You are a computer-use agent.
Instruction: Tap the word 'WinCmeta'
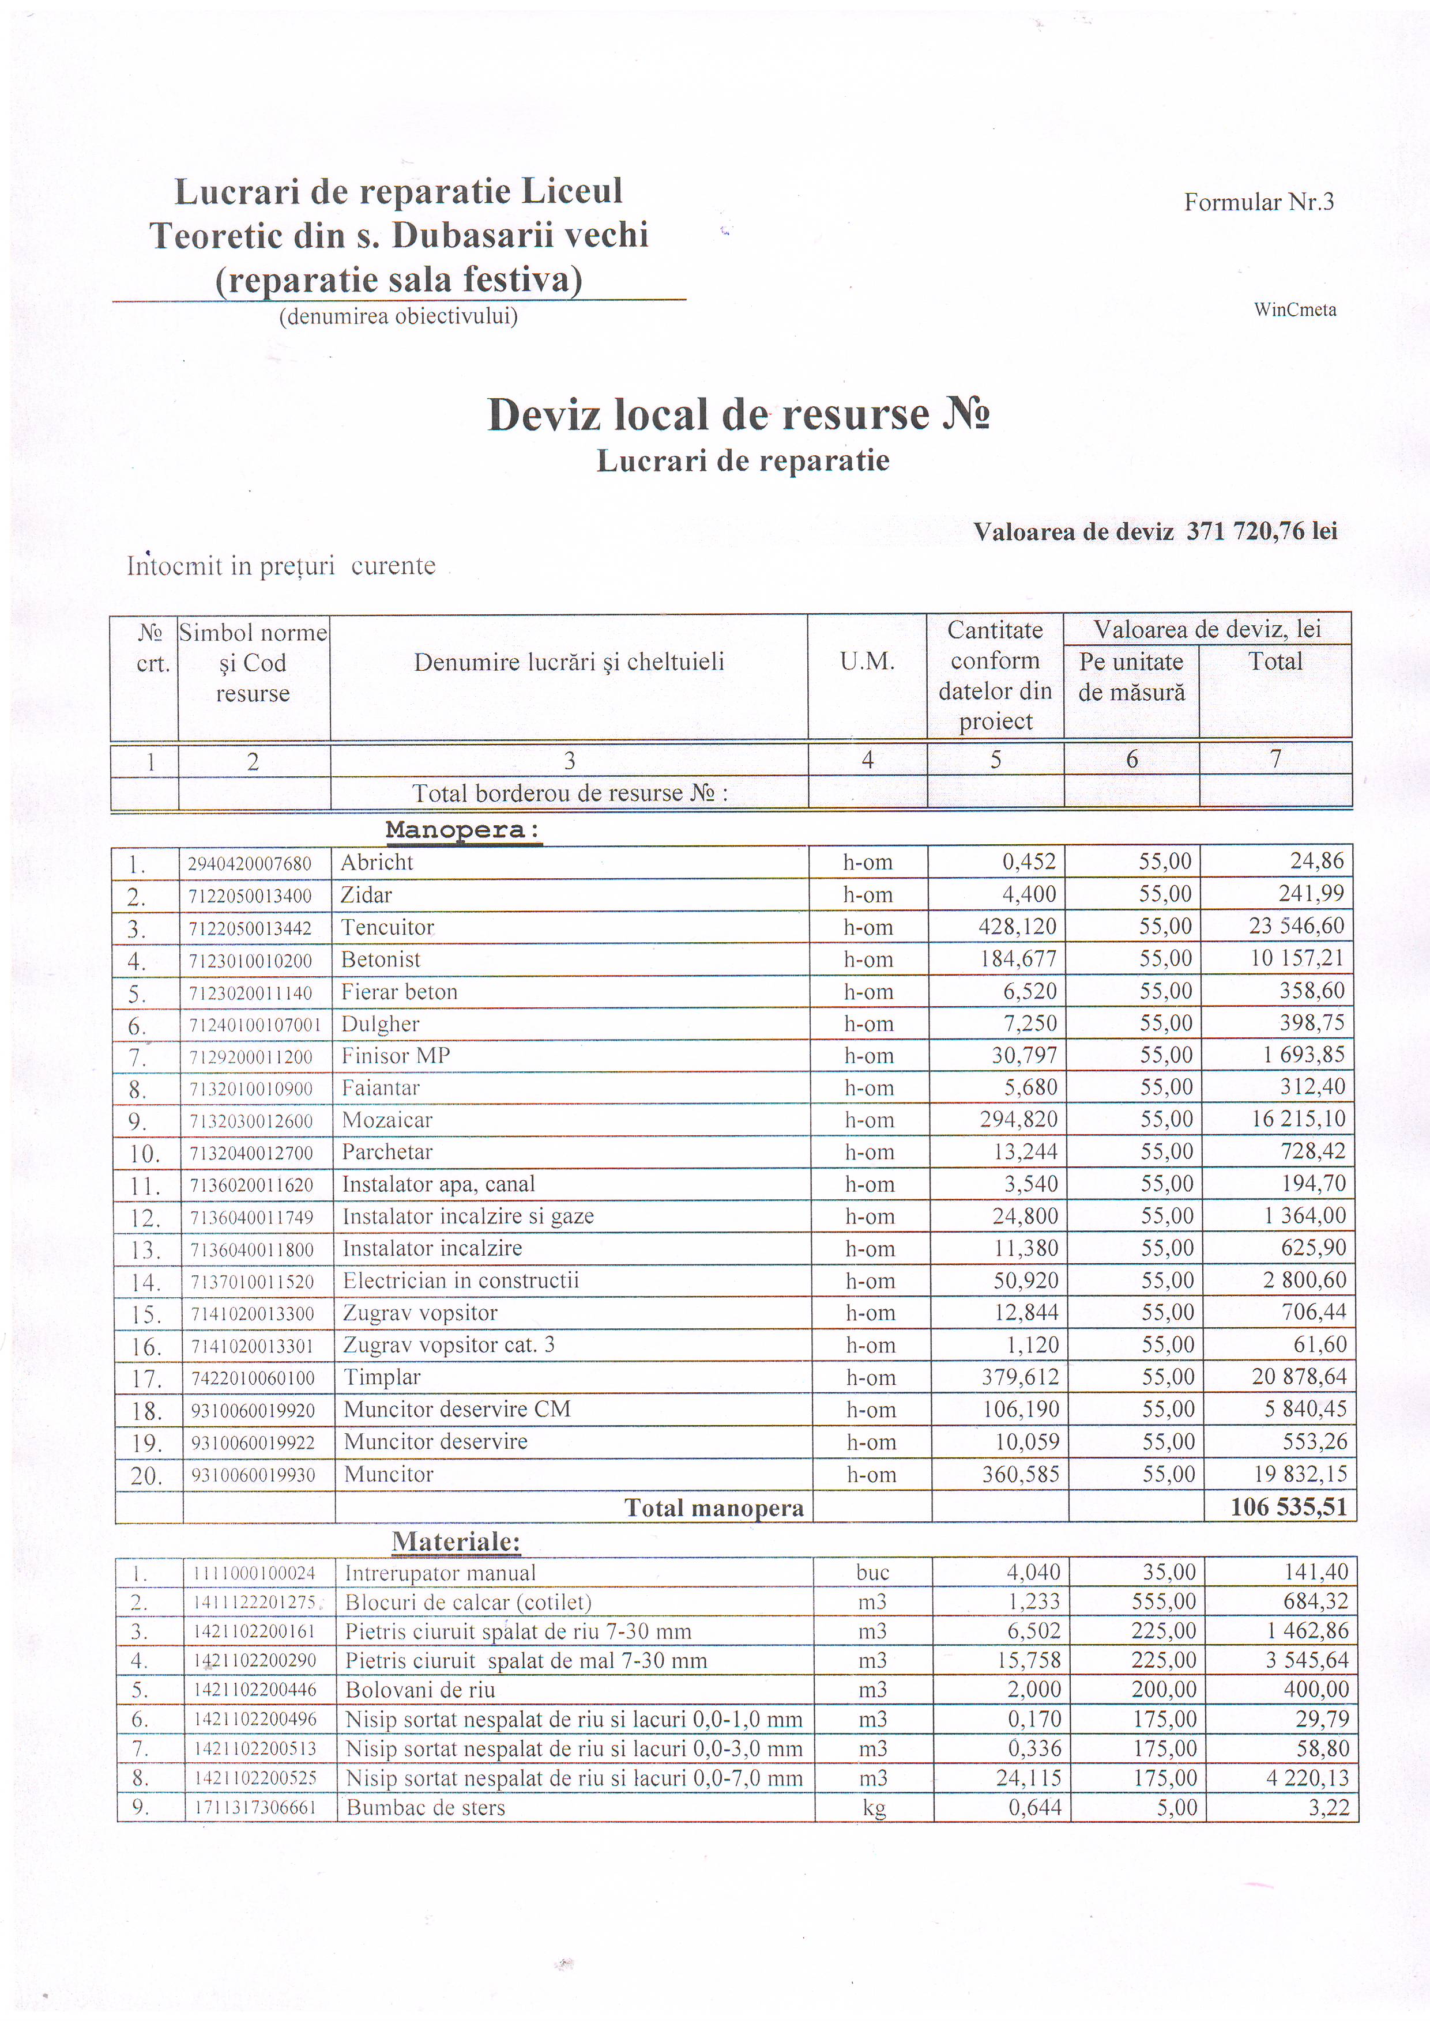coord(1294,310)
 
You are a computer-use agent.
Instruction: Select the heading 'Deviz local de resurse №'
coord(738,414)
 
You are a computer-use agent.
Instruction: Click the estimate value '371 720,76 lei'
coord(1261,531)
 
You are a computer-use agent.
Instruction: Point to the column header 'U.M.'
coord(867,662)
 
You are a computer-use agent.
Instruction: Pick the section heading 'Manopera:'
coord(462,830)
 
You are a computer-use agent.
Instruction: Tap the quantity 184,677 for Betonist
coord(1018,958)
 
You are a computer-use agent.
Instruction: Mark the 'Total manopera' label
coord(713,1508)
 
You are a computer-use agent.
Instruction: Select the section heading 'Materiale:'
coord(456,1542)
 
